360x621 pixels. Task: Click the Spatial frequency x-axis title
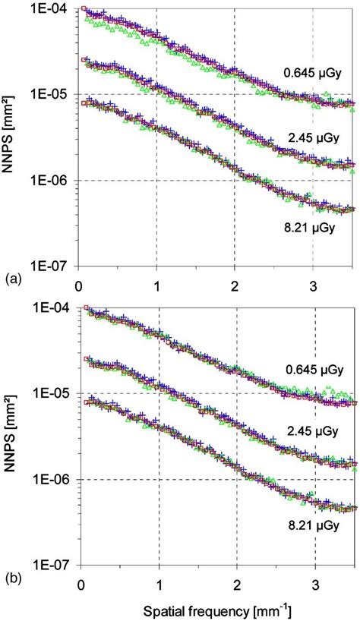(x=217, y=609)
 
